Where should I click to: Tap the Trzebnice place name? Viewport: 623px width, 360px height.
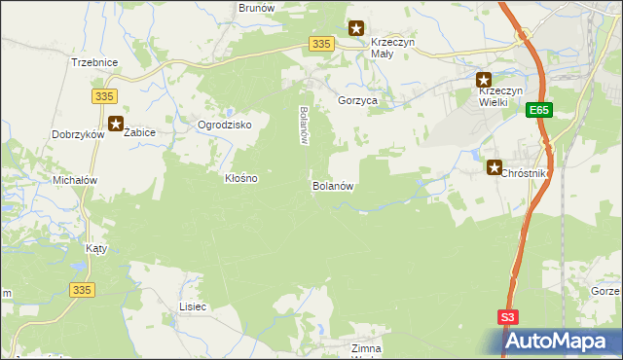tap(94, 62)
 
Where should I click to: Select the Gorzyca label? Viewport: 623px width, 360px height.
tap(357, 100)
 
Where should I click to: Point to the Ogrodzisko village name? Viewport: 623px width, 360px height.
tap(225, 126)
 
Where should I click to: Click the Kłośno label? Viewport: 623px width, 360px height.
tap(240, 179)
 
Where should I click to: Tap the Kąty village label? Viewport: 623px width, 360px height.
tap(95, 248)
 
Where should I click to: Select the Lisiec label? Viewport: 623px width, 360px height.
tap(193, 306)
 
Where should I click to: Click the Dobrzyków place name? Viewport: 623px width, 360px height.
tap(78, 135)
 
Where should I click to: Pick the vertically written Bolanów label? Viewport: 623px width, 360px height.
tap(304, 125)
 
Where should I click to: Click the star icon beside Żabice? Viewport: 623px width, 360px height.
tap(116, 124)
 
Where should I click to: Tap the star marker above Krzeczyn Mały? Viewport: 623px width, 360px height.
tap(356, 29)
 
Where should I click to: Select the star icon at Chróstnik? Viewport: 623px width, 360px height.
tap(494, 167)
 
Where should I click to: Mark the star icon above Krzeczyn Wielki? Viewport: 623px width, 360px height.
tap(483, 80)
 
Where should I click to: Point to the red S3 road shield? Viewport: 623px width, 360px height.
tap(509, 317)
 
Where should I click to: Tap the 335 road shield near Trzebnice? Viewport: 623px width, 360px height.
tap(105, 95)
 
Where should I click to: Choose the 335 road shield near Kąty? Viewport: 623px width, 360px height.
tap(82, 289)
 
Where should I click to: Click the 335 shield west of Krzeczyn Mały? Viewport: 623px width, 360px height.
tap(323, 44)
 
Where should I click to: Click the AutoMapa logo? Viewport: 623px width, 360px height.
tap(563, 341)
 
